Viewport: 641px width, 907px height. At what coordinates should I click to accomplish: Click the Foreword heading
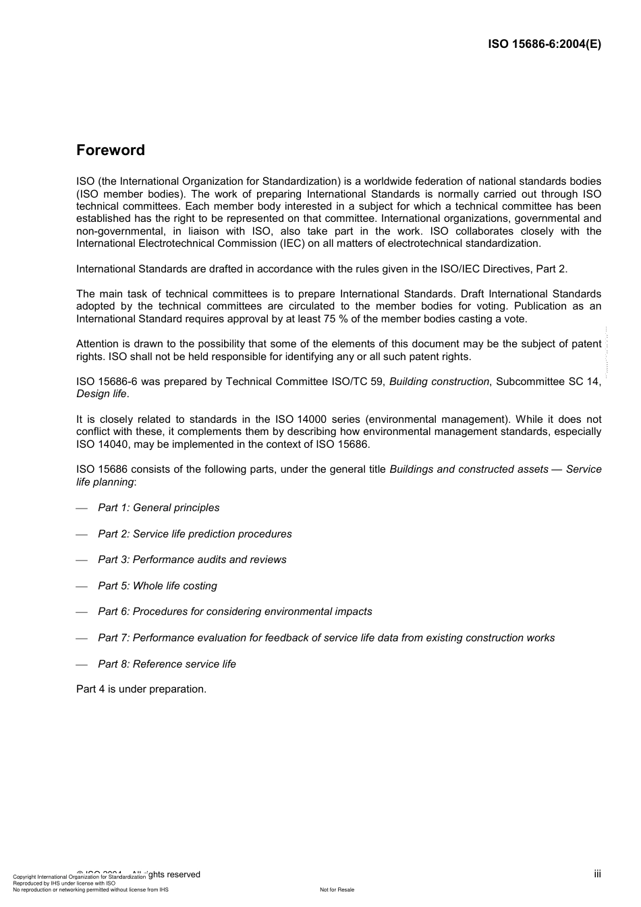click(110, 150)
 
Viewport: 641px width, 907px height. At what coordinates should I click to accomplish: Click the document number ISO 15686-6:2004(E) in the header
click(545, 45)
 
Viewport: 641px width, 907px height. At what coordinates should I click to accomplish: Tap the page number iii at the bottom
click(597, 874)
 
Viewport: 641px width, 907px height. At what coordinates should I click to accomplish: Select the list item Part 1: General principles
click(159, 508)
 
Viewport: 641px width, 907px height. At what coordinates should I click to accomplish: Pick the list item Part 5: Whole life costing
click(157, 586)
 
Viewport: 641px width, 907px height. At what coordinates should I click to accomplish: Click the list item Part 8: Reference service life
click(167, 664)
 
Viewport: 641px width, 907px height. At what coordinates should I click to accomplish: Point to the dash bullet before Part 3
click(82, 560)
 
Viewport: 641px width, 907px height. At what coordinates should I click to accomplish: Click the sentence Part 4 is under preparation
click(141, 689)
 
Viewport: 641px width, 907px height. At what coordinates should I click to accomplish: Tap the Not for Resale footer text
click(337, 890)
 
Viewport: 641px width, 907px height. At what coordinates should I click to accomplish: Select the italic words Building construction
click(439, 382)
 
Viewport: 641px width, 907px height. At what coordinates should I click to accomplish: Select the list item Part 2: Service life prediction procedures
click(194, 534)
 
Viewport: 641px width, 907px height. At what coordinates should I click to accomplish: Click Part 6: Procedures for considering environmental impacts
click(235, 612)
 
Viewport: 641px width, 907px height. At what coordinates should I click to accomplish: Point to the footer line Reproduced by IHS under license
click(64, 883)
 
